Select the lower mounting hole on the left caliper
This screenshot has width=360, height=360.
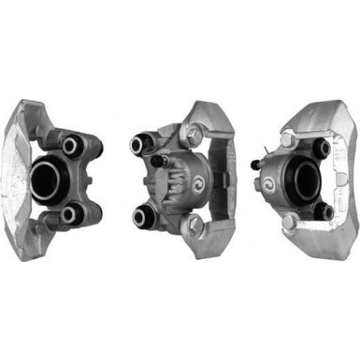(x=68, y=214)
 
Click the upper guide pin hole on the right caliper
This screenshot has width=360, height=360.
(x=322, y=148)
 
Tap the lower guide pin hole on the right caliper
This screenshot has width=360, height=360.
(x=324, y=211)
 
